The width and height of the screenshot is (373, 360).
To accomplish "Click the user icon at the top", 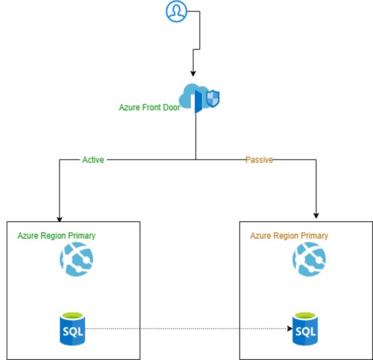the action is [176, 11].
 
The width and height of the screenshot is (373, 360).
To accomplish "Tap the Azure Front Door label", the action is [149, 107].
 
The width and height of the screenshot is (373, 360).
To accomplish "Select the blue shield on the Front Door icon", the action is [213, 98].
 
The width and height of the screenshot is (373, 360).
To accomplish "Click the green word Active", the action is [93, 160].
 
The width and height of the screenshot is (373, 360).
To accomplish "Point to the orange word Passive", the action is [259, 160].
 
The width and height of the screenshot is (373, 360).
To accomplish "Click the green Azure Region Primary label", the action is [57, 236].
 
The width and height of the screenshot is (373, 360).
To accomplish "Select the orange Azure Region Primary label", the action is [289, 236].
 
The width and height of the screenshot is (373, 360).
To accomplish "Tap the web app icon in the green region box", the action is [76, 259].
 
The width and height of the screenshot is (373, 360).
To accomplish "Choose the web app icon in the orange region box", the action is [309, 259].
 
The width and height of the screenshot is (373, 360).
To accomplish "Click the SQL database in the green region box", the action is [73, 329].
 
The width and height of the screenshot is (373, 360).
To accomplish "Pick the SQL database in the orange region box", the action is [305, 329].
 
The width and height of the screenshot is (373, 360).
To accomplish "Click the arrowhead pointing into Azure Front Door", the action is [193, 74].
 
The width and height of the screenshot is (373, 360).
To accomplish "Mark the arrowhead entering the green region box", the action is [60, 219].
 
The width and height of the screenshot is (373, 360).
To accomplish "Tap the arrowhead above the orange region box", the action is [316, 215].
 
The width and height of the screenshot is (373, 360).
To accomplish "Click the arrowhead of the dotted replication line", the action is [290, 329].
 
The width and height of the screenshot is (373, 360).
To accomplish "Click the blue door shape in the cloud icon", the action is [198, 101].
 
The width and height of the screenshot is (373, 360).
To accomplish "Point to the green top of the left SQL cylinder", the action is [73, 316].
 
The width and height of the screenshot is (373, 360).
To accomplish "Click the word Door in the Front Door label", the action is [171, 107].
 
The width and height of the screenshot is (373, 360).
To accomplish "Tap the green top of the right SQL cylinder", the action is [305, 316].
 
